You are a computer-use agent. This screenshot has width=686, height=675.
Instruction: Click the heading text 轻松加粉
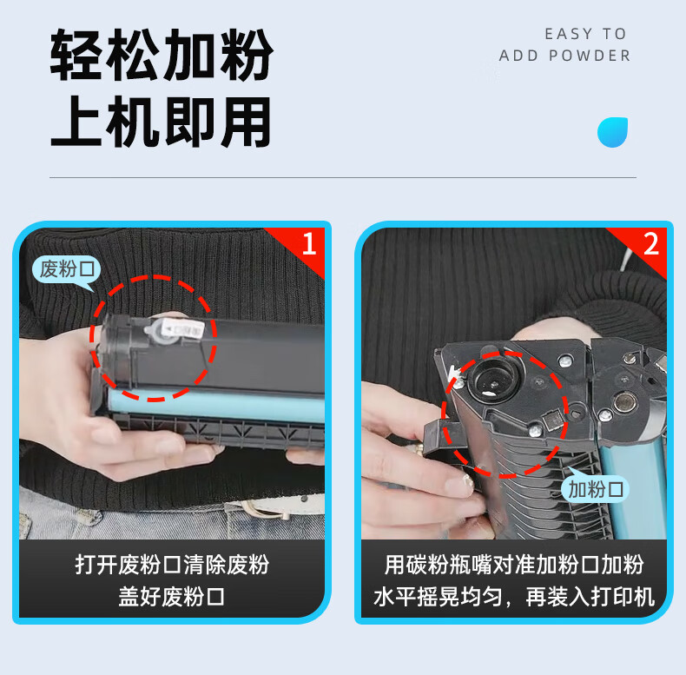pos(162,55)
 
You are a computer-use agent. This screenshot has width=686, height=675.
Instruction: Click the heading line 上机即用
pos(161,122)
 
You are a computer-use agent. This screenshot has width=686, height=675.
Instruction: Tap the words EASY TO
pos(585,34)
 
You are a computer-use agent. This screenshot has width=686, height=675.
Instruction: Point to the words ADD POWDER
pos(564,56)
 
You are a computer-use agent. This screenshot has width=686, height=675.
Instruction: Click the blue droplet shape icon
pos(612,132)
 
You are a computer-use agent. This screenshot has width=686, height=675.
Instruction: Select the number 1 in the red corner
pos(309,244)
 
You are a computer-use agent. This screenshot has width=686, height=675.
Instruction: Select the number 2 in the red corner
pos(651,244)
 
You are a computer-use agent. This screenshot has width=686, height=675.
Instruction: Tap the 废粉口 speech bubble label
pos(67,268)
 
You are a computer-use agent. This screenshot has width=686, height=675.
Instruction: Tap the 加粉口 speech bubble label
pos(595,488)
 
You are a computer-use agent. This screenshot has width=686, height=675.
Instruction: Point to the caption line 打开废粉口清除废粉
pos(172,565)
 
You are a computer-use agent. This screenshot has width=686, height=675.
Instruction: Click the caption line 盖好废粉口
pos(172,596)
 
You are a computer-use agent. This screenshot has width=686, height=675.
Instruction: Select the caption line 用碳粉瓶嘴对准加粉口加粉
pos(513,565)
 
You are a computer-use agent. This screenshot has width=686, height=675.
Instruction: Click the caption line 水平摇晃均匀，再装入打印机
pos(513,596)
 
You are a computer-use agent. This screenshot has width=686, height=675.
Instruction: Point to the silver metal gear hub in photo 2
pos(624,402)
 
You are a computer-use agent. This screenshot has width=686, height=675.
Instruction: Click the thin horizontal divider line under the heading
pos(343,178)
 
